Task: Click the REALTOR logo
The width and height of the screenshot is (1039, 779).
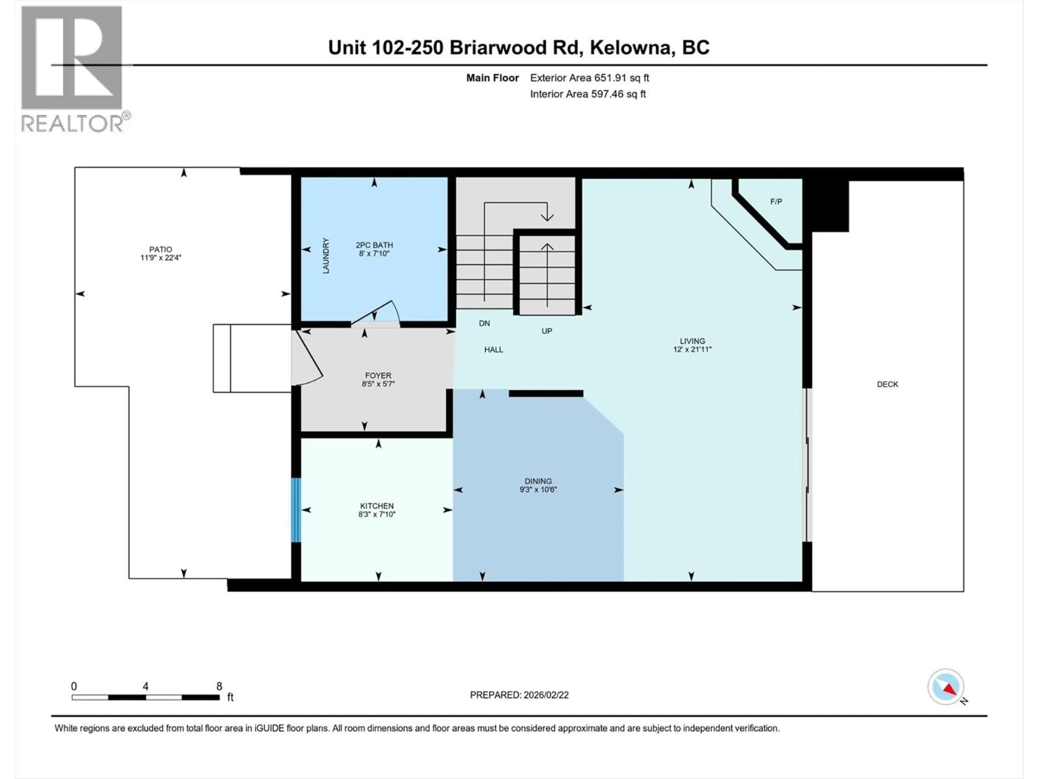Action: point(73,68)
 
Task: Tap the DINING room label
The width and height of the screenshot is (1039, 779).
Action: point(538,481)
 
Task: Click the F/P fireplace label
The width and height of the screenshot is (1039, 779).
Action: point(776,202)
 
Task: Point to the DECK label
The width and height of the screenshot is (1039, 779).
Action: point(887,384)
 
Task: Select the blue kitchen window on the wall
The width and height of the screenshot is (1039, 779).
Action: point(296,510)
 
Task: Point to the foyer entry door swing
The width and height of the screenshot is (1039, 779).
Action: point(308,359)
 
